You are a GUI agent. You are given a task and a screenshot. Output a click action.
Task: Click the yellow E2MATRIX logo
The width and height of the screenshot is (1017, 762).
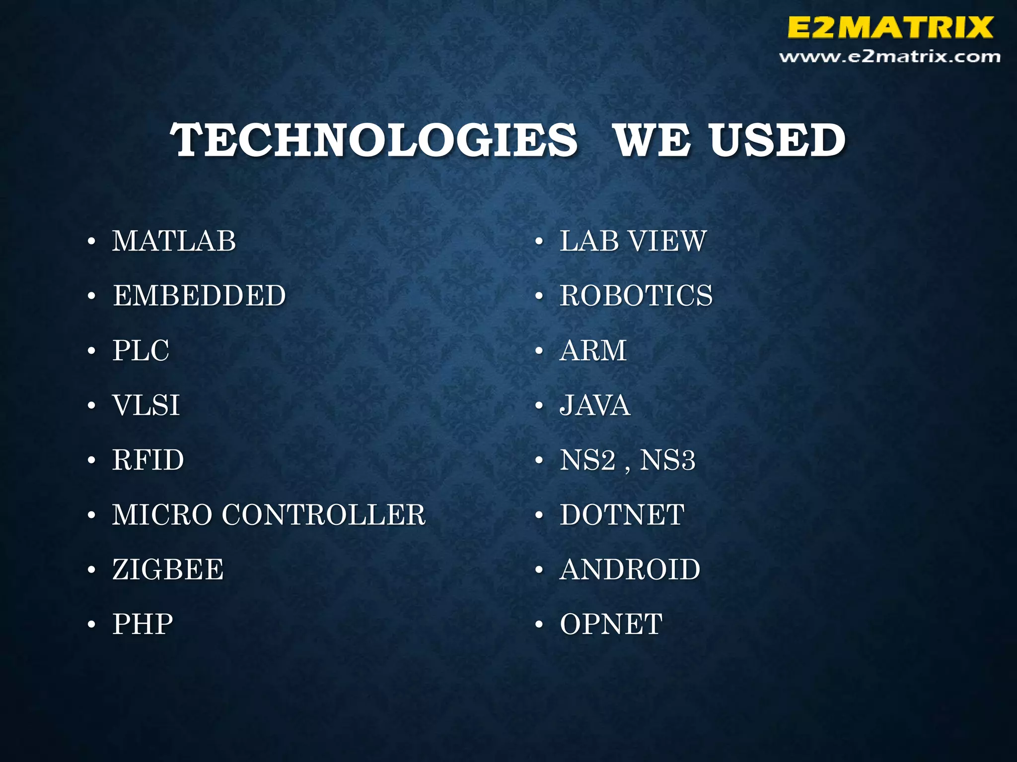(x=890, y=27)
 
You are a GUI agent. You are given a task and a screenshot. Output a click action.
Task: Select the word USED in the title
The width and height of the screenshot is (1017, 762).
(x=777, y=140)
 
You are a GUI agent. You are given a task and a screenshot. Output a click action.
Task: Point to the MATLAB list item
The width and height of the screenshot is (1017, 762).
(x=174, y=242)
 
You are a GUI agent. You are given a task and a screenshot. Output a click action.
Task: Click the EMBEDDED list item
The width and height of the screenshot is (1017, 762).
(x=199, y=296)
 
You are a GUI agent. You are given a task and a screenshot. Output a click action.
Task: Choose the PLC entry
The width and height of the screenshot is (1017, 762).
(x=141, y=351)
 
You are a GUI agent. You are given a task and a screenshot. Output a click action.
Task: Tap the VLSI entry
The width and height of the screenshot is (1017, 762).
(x=146, y=405)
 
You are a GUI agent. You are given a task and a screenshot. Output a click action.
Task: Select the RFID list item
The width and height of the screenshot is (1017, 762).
(x=148, y=460)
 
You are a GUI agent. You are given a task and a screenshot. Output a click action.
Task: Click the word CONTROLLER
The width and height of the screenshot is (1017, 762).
(x=324, y=515)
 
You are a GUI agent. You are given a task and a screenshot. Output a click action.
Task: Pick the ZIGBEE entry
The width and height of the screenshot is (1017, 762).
(x=168, y=570)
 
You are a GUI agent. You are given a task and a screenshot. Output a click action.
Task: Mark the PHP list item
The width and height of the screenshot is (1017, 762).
(x=143, y=624)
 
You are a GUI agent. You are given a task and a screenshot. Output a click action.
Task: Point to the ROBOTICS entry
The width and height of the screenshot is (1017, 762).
(x=636, y=296)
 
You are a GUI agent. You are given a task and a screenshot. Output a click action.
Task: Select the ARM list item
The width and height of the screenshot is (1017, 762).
(x=593, y=351)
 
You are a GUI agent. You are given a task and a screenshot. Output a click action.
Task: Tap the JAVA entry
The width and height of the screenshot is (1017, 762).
(x=595, y=405)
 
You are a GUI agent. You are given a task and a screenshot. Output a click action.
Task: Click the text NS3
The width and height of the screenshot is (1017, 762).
(x=667, y=460)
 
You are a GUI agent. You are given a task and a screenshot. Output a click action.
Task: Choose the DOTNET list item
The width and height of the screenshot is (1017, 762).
(x=622, y=515)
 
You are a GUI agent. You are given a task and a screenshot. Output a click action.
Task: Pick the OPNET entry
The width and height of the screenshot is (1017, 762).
(x=611, y=624)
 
